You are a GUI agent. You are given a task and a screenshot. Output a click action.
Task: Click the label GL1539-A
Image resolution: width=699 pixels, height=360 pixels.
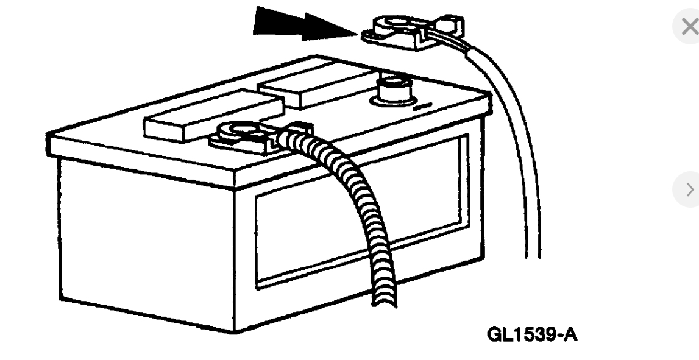(x=531, y=334)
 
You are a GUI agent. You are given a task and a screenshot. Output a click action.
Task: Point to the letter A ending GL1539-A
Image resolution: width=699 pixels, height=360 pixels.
(x=569, y=334)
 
